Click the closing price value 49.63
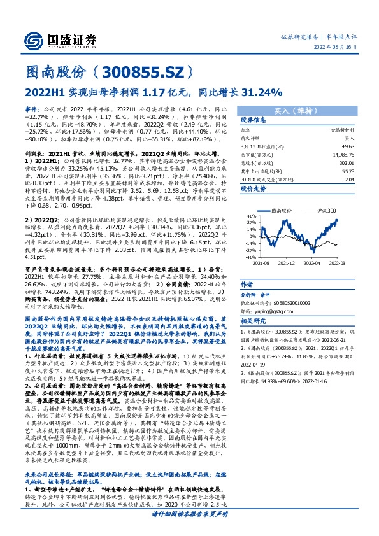click(347, 146)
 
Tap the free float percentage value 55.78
click(347, 171)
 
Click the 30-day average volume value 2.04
click(348, 179)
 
